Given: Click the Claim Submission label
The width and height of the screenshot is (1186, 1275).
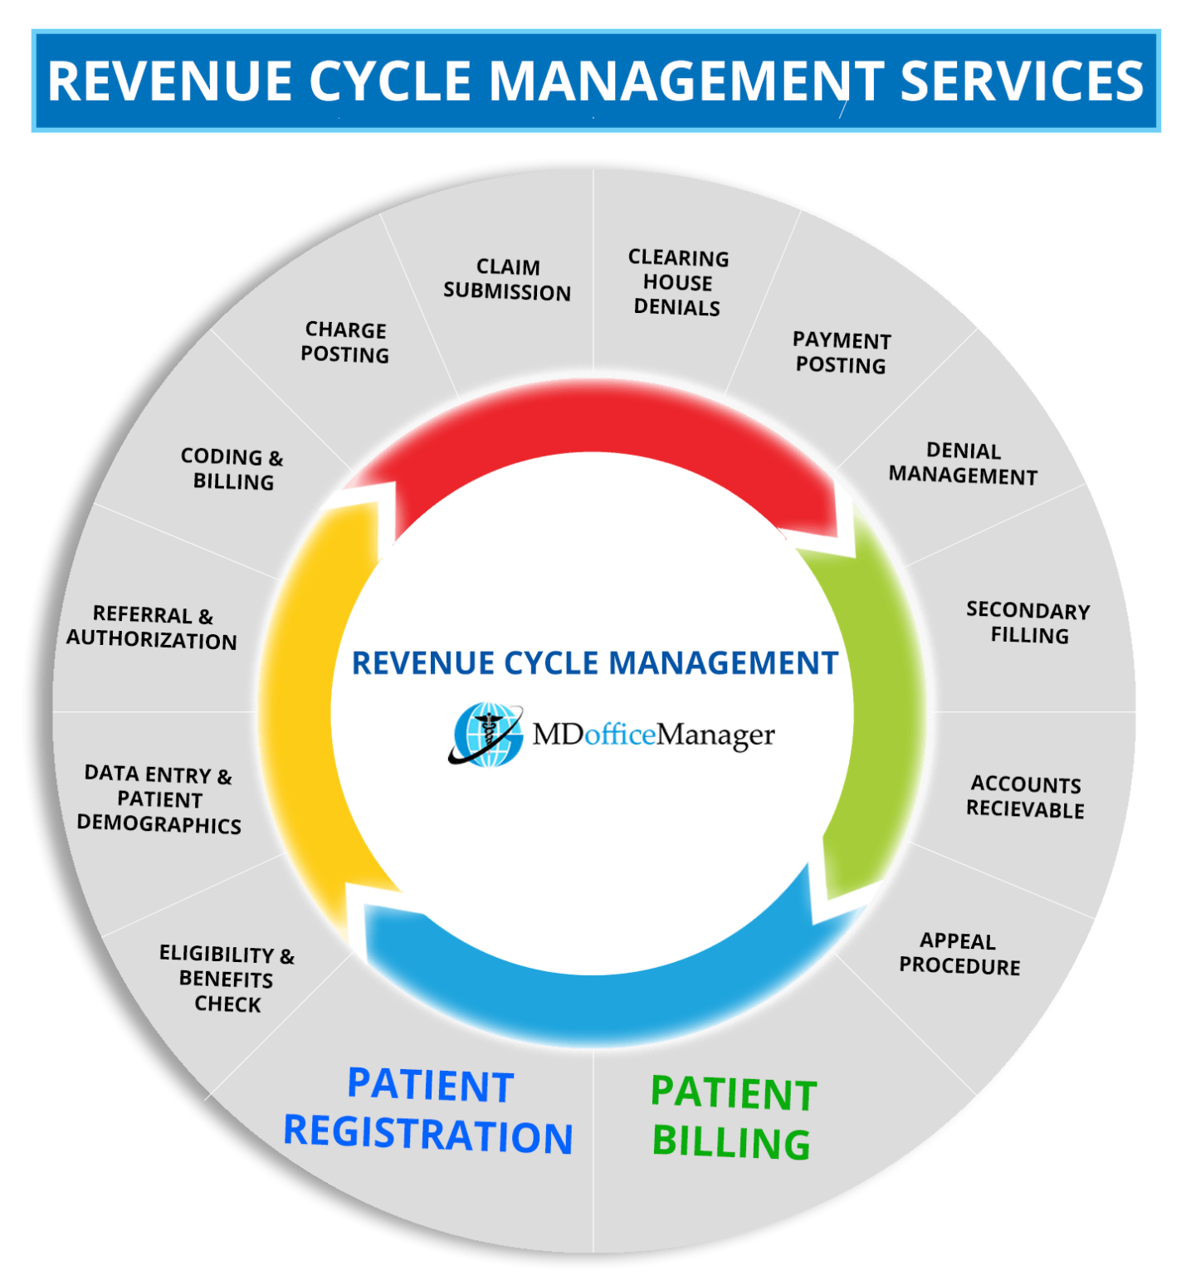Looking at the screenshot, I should (x=506, y=280).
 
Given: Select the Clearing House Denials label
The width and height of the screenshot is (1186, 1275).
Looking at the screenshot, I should (x=677, y=283).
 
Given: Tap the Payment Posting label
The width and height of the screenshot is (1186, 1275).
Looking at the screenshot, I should (x=841, y=353).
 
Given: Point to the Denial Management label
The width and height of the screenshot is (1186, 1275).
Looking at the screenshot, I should (x=963, y=463).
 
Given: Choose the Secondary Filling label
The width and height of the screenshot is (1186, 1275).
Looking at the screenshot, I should (x=1027, y=623).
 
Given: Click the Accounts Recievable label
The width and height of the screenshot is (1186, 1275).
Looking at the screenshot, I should (x=1025, y=797).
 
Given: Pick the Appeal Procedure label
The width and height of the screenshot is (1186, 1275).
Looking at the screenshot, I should (x=959, y=954).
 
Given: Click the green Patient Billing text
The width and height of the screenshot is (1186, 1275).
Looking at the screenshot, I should (x=732, y=1117).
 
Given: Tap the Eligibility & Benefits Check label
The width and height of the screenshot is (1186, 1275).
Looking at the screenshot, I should (x=227, y=979).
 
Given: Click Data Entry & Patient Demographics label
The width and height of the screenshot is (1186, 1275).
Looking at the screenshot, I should (x=159, y=799).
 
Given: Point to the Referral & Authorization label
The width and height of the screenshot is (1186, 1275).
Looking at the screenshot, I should (x=152, y=628).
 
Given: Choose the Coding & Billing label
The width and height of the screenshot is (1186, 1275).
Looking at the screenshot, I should (x=232, y=469).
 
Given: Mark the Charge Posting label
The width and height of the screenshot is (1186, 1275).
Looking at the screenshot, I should (x=344, y=342).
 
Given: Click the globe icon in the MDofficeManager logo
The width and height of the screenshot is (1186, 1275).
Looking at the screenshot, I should (x=486, y=734).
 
